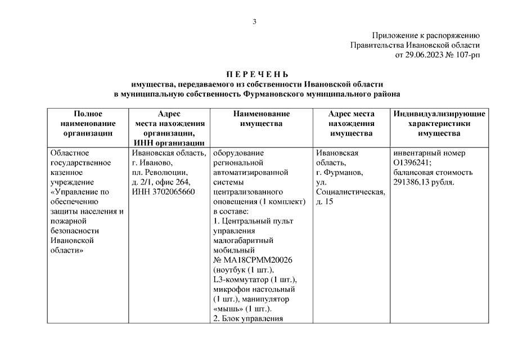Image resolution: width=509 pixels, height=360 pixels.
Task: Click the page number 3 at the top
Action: (254, 22)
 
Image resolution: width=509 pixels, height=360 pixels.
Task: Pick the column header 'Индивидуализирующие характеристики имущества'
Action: (439, 123)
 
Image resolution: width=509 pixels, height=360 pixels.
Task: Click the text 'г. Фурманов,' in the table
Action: (340, 172)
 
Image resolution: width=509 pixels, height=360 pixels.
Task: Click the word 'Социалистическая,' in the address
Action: (350, 192)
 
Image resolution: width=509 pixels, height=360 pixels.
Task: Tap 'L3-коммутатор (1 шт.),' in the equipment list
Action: (255, 280)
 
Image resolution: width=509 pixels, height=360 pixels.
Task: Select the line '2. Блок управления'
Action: (247, 319)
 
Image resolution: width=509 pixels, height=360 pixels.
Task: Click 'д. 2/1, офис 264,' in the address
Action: (161, 182)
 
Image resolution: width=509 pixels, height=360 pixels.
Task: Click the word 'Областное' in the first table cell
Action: (70, 152)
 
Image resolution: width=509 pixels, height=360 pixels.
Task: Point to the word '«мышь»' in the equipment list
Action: (227, 309)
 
